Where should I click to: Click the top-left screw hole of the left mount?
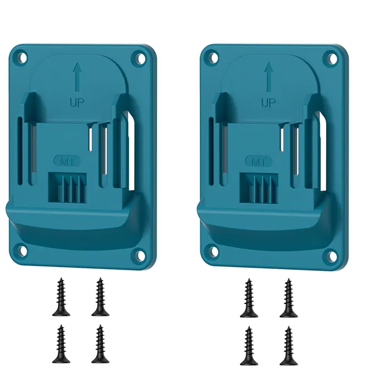[x=22, y=57]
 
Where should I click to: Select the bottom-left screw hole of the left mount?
[x=21, y=250]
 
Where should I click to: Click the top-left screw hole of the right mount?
[x=213, y=57]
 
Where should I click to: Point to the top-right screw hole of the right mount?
[x=332, y=58]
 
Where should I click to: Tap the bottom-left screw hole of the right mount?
[x=212, y=250]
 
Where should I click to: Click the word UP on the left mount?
[x=77, y=102]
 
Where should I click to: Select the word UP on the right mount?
[x=268, y=102]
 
